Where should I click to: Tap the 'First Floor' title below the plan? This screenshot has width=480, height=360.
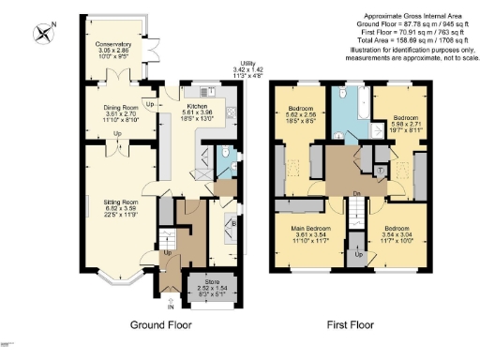(x=350, y=325)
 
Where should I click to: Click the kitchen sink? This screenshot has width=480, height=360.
(x=207, y=93)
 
